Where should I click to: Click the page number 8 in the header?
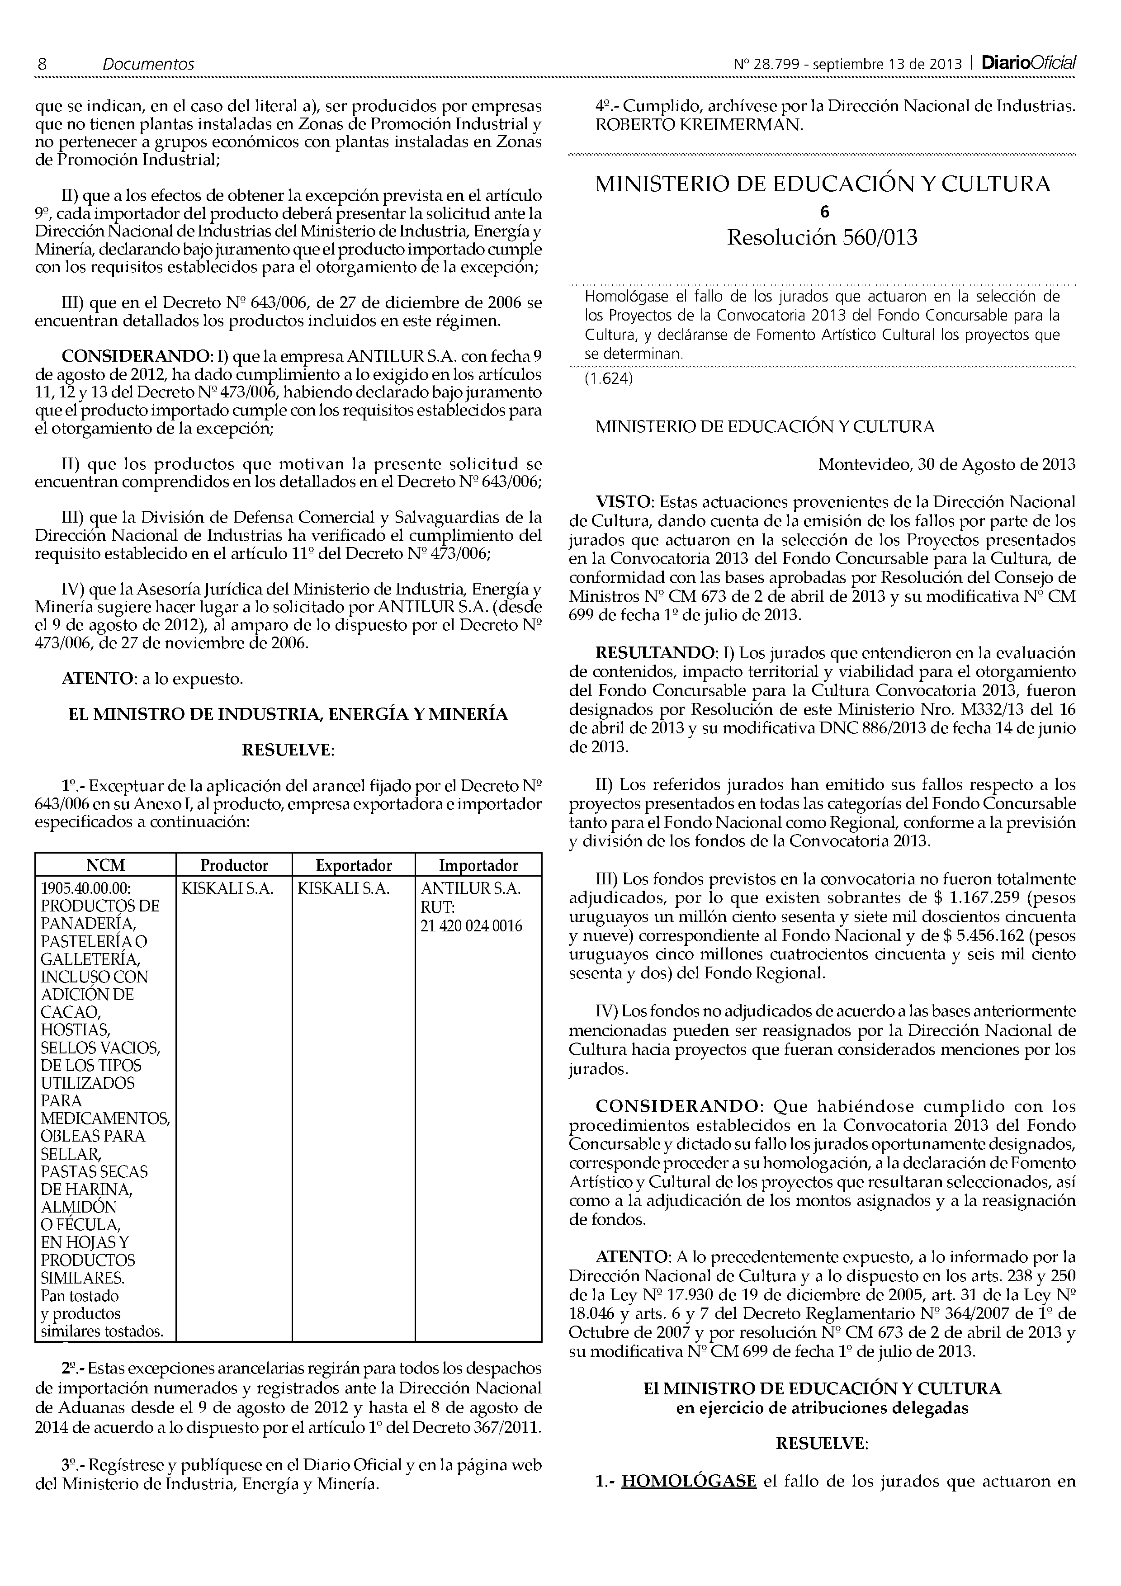pos(42,64)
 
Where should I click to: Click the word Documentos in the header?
pos(148,64)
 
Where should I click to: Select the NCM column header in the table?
pos(106,865)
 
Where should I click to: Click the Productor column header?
pos(234,865)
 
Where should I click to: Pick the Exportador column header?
pos(354,865)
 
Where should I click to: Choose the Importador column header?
pos(479,865)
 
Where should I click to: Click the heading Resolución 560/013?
pos(822,238)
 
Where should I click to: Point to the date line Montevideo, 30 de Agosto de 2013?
pos(946,464)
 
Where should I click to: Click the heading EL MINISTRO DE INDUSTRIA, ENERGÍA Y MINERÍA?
pos(288,714)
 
